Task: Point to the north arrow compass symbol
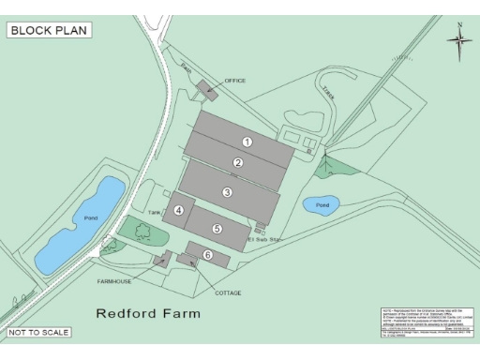(458, 38)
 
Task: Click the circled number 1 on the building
(247, 142)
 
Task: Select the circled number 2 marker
(238, 163)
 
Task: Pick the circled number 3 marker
(227, 192)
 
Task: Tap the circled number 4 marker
(178, 211)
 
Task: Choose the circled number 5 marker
(217, 228)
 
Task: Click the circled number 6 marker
(208, 254)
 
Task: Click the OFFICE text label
(235, 81)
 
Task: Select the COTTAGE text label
(228, 292)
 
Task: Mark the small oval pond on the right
(321, 203)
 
